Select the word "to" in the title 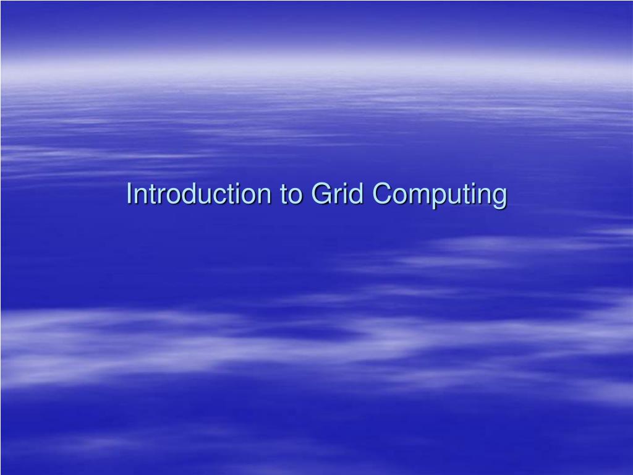click(x=292, y=194)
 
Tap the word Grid click(x=336, y=194)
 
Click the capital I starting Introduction click(x=129, y=194)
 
